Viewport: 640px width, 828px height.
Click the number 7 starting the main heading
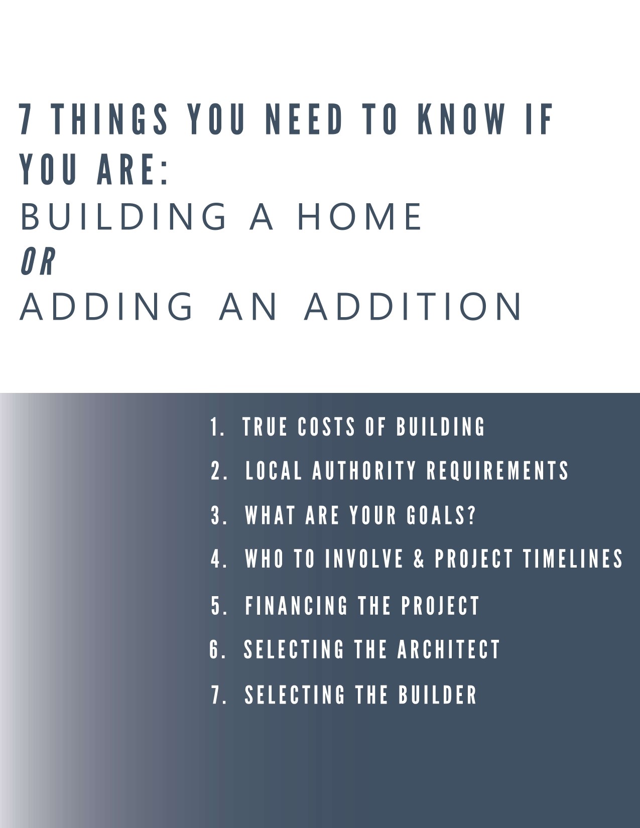(25, 119)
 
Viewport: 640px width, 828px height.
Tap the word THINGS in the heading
(111, 119)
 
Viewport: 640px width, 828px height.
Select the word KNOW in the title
(461, 119)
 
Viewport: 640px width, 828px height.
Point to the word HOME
(360, 216)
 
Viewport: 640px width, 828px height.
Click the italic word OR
(38, 260)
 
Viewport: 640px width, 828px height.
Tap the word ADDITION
(413, 306)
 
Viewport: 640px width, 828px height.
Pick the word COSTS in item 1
(326, 427)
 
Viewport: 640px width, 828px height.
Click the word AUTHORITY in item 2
(364, 470)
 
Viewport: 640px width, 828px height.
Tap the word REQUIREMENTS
(497, 470)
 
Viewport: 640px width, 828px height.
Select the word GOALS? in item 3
(441, 515)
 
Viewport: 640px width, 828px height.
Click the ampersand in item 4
(419, 559)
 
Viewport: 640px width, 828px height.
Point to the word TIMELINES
(573, 559)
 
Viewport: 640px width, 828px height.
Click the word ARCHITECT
(448, 649)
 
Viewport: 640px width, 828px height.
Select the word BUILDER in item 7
(438, 694)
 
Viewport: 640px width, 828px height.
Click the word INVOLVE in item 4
(364, 559)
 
